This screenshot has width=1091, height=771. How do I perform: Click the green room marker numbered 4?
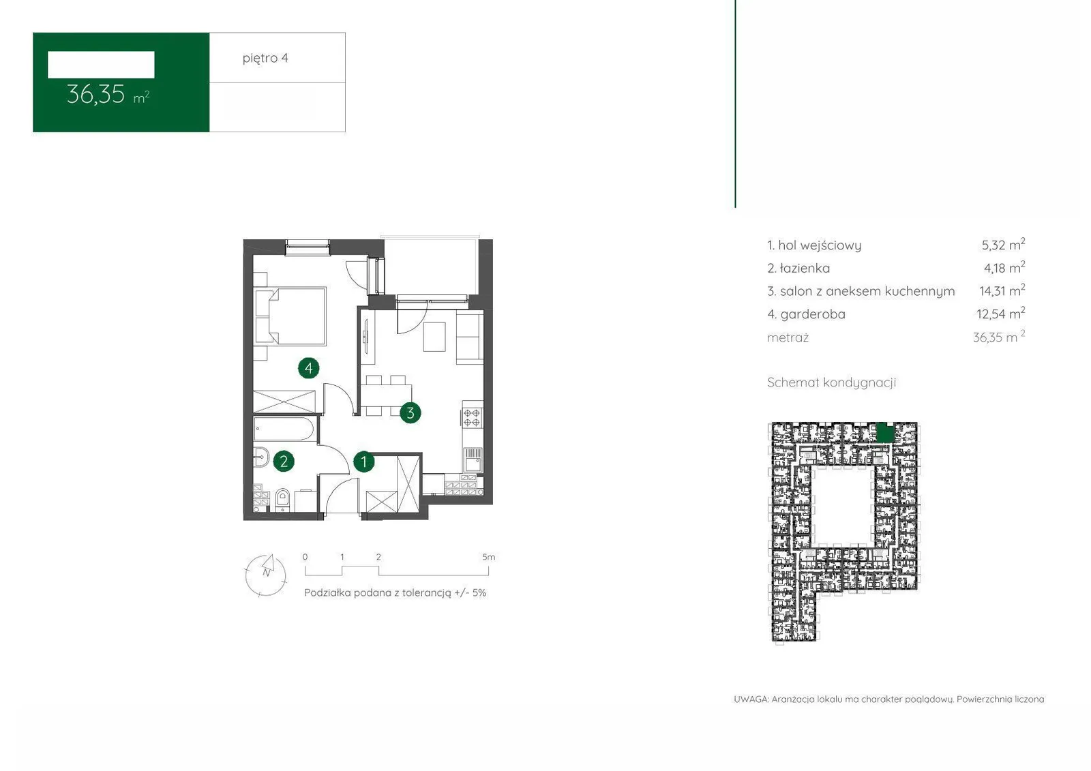point(309,368)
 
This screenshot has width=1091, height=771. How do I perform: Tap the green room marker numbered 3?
point(410,413)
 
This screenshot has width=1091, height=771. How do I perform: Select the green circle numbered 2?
point(284,462)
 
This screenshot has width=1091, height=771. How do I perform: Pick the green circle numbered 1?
point(364,462)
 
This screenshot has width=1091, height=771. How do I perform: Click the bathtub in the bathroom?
point(284,429)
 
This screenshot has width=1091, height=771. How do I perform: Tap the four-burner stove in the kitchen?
point(471,418)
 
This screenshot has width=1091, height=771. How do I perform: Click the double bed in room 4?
point(290,316)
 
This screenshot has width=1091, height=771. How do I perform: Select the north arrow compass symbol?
point(265,575)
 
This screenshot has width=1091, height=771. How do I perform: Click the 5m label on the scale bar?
point(488,557)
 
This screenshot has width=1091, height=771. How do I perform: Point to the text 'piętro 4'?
point(265,59)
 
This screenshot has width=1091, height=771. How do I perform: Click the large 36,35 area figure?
point(96,95)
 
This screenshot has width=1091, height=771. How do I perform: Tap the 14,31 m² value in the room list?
point(1002,291)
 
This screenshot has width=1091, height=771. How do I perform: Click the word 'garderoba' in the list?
point(813,315)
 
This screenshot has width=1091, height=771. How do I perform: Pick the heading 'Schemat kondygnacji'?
point(831,383)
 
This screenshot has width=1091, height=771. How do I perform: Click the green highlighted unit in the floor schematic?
point(886,432)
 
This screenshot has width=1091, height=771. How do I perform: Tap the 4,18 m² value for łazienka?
point(1004,268)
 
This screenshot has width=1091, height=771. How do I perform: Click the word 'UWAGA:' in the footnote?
point(751,699)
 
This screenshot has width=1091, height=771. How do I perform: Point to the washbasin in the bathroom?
point(260,457)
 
